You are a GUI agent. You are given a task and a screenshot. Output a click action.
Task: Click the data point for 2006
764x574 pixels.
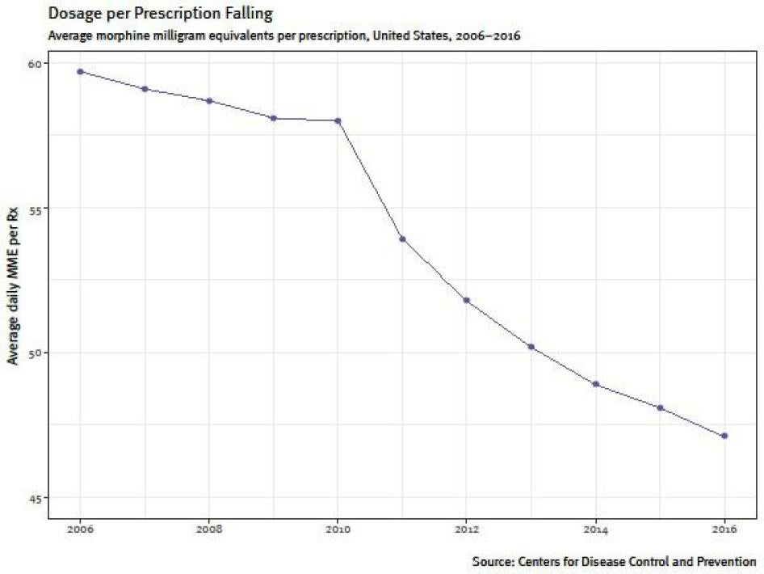pos(80,71)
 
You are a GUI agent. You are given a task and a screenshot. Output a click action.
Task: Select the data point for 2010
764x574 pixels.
pos(338,120)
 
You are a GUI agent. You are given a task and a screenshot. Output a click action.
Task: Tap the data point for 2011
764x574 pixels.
pos(402,238)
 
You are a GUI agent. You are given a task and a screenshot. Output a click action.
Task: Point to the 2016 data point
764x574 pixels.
pos(724,436)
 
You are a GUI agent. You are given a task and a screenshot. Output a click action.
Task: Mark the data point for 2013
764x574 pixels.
pos(531,347)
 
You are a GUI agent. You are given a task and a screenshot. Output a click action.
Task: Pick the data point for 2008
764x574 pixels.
pos(209,100)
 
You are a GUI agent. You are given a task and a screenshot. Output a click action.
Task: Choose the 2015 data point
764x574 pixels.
pos(661,407)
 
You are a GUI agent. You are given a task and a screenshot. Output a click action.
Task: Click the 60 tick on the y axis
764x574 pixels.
pos(35,63)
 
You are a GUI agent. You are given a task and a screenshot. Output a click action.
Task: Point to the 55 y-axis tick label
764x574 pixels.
pos(35,208)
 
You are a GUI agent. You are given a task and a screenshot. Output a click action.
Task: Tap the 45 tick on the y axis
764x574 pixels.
pos(35,497)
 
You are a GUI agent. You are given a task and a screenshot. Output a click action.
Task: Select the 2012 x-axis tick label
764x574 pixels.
pos(467,530)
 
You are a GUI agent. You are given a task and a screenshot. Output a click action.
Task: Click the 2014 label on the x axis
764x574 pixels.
pos(596,530)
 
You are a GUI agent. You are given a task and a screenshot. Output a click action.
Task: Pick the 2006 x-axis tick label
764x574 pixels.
pos(80,530)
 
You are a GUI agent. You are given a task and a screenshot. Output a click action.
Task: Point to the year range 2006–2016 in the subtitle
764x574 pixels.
pos(481,36)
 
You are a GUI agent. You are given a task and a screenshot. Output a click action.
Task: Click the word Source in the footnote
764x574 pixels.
pos(492,560)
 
